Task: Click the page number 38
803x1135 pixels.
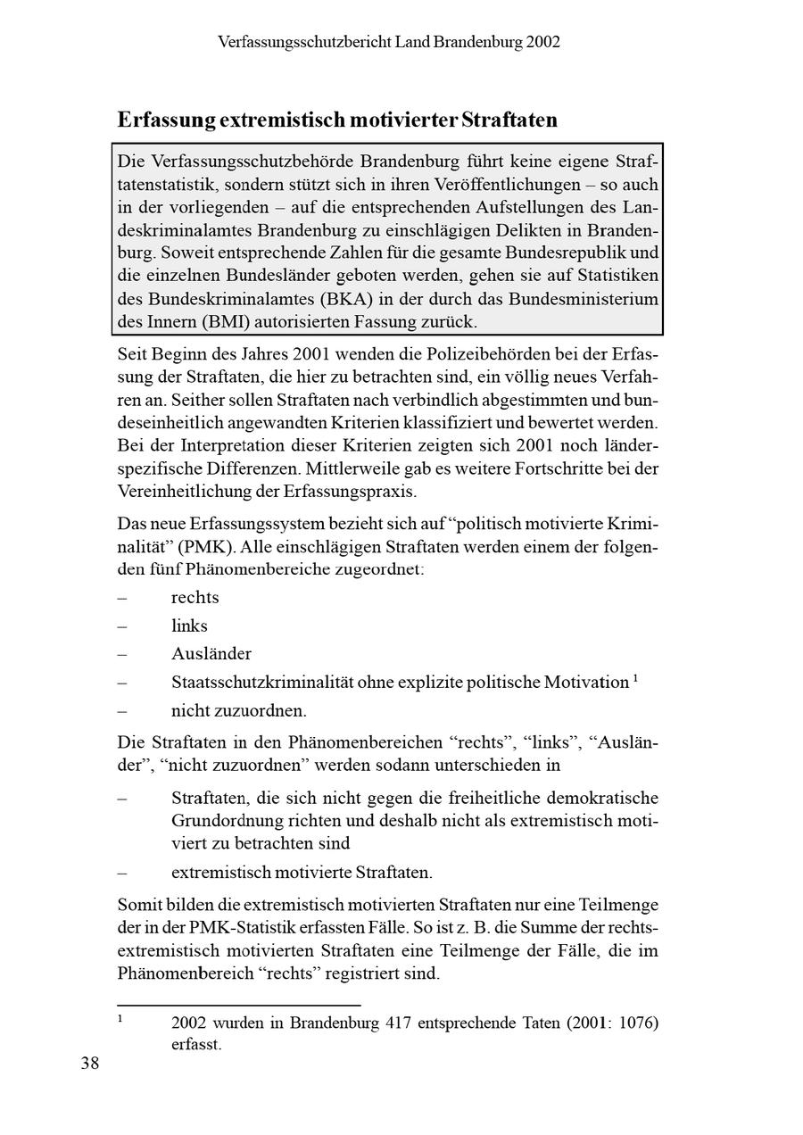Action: [90, 1063]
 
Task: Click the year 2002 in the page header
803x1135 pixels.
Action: [542, 42]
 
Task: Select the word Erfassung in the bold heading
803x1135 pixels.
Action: [165, 120]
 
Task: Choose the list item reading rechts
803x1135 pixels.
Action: [195, 597]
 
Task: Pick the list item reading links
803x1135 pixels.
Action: [189, 625]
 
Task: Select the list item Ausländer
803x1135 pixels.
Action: [211, 654]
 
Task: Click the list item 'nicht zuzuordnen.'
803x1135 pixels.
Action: [239, 711]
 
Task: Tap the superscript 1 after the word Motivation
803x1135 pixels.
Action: [635, 679]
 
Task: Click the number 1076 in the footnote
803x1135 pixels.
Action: [633, 1023]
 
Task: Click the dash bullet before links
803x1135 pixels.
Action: [122, 626]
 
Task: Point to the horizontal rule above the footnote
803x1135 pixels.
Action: [239, 1005]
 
